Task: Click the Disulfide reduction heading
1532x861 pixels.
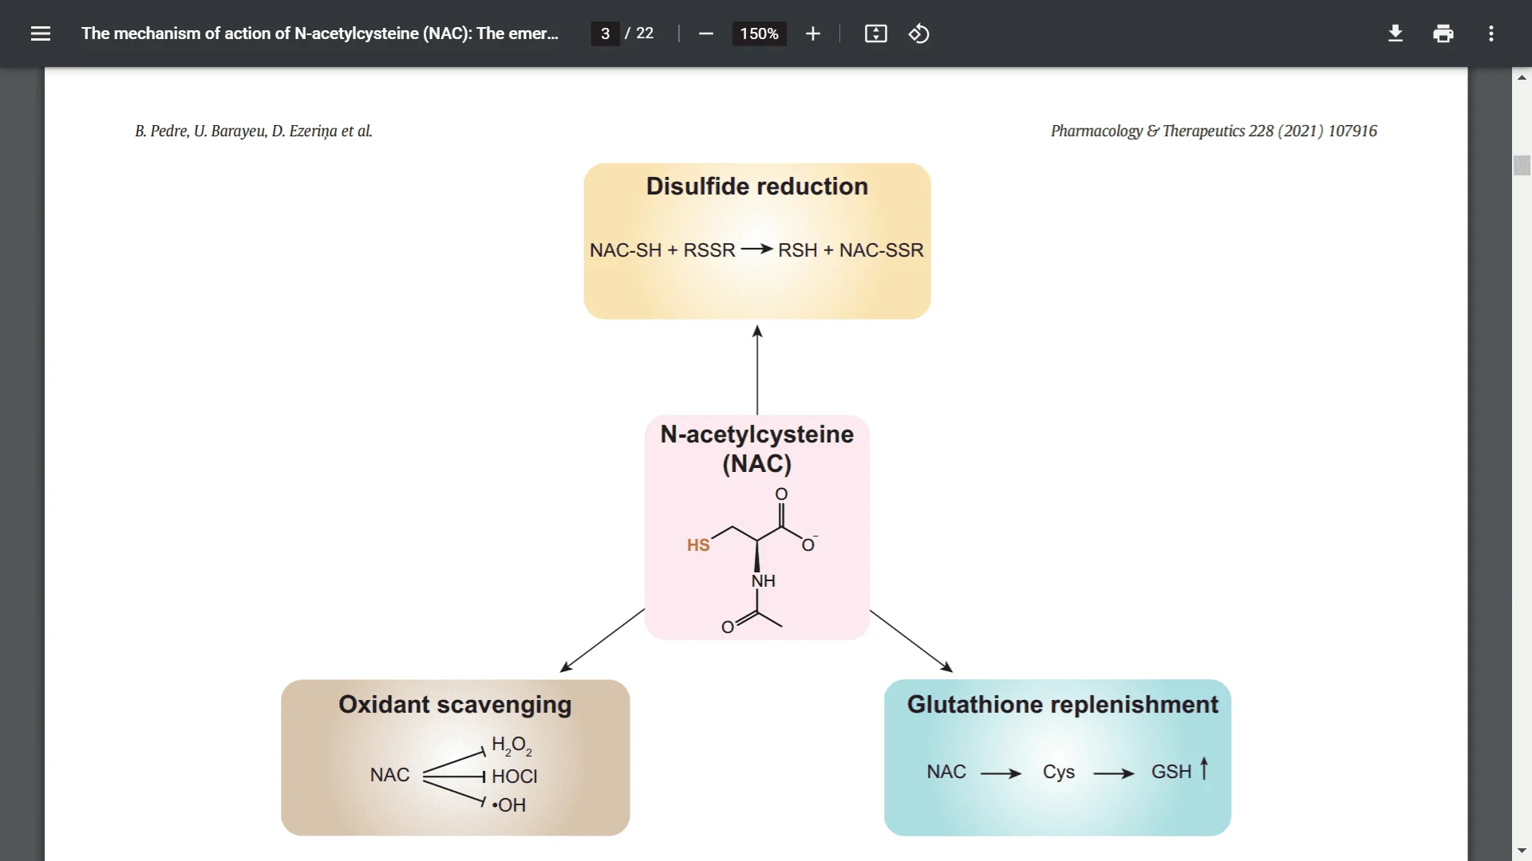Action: pyautogui.click(x=756, y=186)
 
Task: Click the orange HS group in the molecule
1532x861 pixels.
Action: pyautogui.click(x=698, y=545)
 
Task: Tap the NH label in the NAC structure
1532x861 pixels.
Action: pyautogui.click(x=763, y=580)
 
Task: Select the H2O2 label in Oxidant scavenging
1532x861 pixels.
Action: pyautogui.click(x=511, y=745)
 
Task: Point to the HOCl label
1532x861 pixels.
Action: pyautogui.click(x=514, y=776)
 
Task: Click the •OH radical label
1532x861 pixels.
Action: pyautogui.click(x=509, y=804)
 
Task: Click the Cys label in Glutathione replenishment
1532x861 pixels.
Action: pyautogui.click(x=1058, y=772)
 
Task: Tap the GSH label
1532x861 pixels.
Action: pyautogui.click(x=1171, y=772)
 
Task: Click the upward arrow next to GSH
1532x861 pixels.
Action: pyautogui.click(x=1204, y=769)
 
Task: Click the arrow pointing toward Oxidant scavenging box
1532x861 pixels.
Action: pyautogui.click(x=602, y=640)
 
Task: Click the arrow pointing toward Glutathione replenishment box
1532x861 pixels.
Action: pyautogui.click(x=911, y=641)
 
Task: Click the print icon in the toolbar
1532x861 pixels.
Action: pyautogui.click(x=1443, y=33)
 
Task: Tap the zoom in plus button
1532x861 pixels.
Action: pyautogui.click(x=812, y=33)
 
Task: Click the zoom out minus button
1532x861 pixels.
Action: pyautogui.click(x=705, y=33)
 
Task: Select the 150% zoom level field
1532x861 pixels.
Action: pyautogui.click(x=759, y=33)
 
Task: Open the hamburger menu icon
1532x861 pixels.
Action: pyautogui.click(x=41, y=33)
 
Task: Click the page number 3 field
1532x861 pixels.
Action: pyautogui.click(x=605, y=33)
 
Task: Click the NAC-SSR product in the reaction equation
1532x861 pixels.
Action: pyautogui.click(x=881, y=250)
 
